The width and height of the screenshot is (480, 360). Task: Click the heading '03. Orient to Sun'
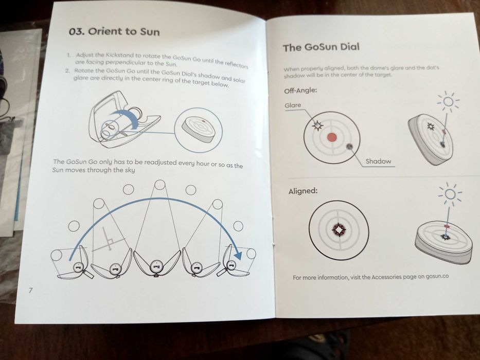114,31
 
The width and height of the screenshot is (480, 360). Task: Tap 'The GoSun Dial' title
321,47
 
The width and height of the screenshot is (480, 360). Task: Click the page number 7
30,290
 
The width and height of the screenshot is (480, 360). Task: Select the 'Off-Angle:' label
300,91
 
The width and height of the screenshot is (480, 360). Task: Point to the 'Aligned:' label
303,191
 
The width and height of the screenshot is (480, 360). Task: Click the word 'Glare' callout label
293,105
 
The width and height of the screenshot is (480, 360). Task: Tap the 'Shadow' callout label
378,161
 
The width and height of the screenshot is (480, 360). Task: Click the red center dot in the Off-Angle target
332,137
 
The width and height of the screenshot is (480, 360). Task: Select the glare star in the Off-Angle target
317,125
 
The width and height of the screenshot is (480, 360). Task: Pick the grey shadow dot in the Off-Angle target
349,147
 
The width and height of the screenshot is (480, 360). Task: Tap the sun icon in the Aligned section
450,194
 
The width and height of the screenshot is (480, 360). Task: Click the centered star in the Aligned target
339,229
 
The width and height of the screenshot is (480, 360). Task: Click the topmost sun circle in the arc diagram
160,185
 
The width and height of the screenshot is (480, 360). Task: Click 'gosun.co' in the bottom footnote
437,276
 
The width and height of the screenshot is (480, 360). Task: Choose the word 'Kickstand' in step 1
120,56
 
